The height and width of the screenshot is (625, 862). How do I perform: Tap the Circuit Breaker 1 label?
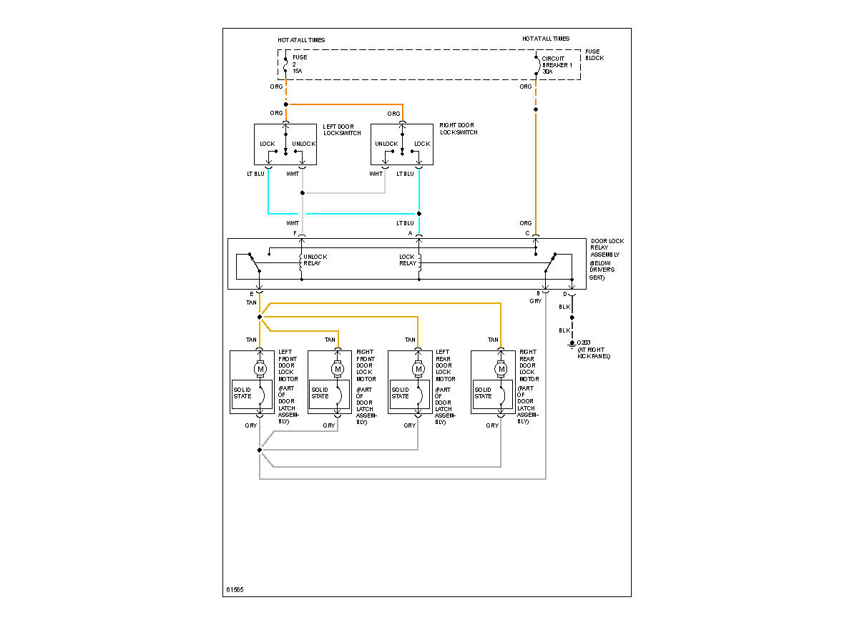point(557,64)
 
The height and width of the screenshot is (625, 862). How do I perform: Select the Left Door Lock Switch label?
point(342,129)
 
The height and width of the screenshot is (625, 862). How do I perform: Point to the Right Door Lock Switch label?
point(459,129)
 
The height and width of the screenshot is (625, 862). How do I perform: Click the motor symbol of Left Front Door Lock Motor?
point(260,368)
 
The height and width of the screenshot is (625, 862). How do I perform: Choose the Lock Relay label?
point(407,260)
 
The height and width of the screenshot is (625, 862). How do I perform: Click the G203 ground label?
point(593,349)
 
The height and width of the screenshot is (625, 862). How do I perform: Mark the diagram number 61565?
point(235,590)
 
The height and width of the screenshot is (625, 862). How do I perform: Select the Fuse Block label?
point(594,54)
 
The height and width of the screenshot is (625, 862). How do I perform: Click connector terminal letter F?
point(294,234)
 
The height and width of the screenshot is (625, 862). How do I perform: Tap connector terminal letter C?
point(527,234)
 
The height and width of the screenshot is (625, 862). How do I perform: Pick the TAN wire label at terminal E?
point(251,302)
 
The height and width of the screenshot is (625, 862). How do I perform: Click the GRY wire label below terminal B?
point(536,302)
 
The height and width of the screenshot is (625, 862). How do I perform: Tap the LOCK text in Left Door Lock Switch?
point(268,144)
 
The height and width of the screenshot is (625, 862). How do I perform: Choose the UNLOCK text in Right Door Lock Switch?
point(387,144)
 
